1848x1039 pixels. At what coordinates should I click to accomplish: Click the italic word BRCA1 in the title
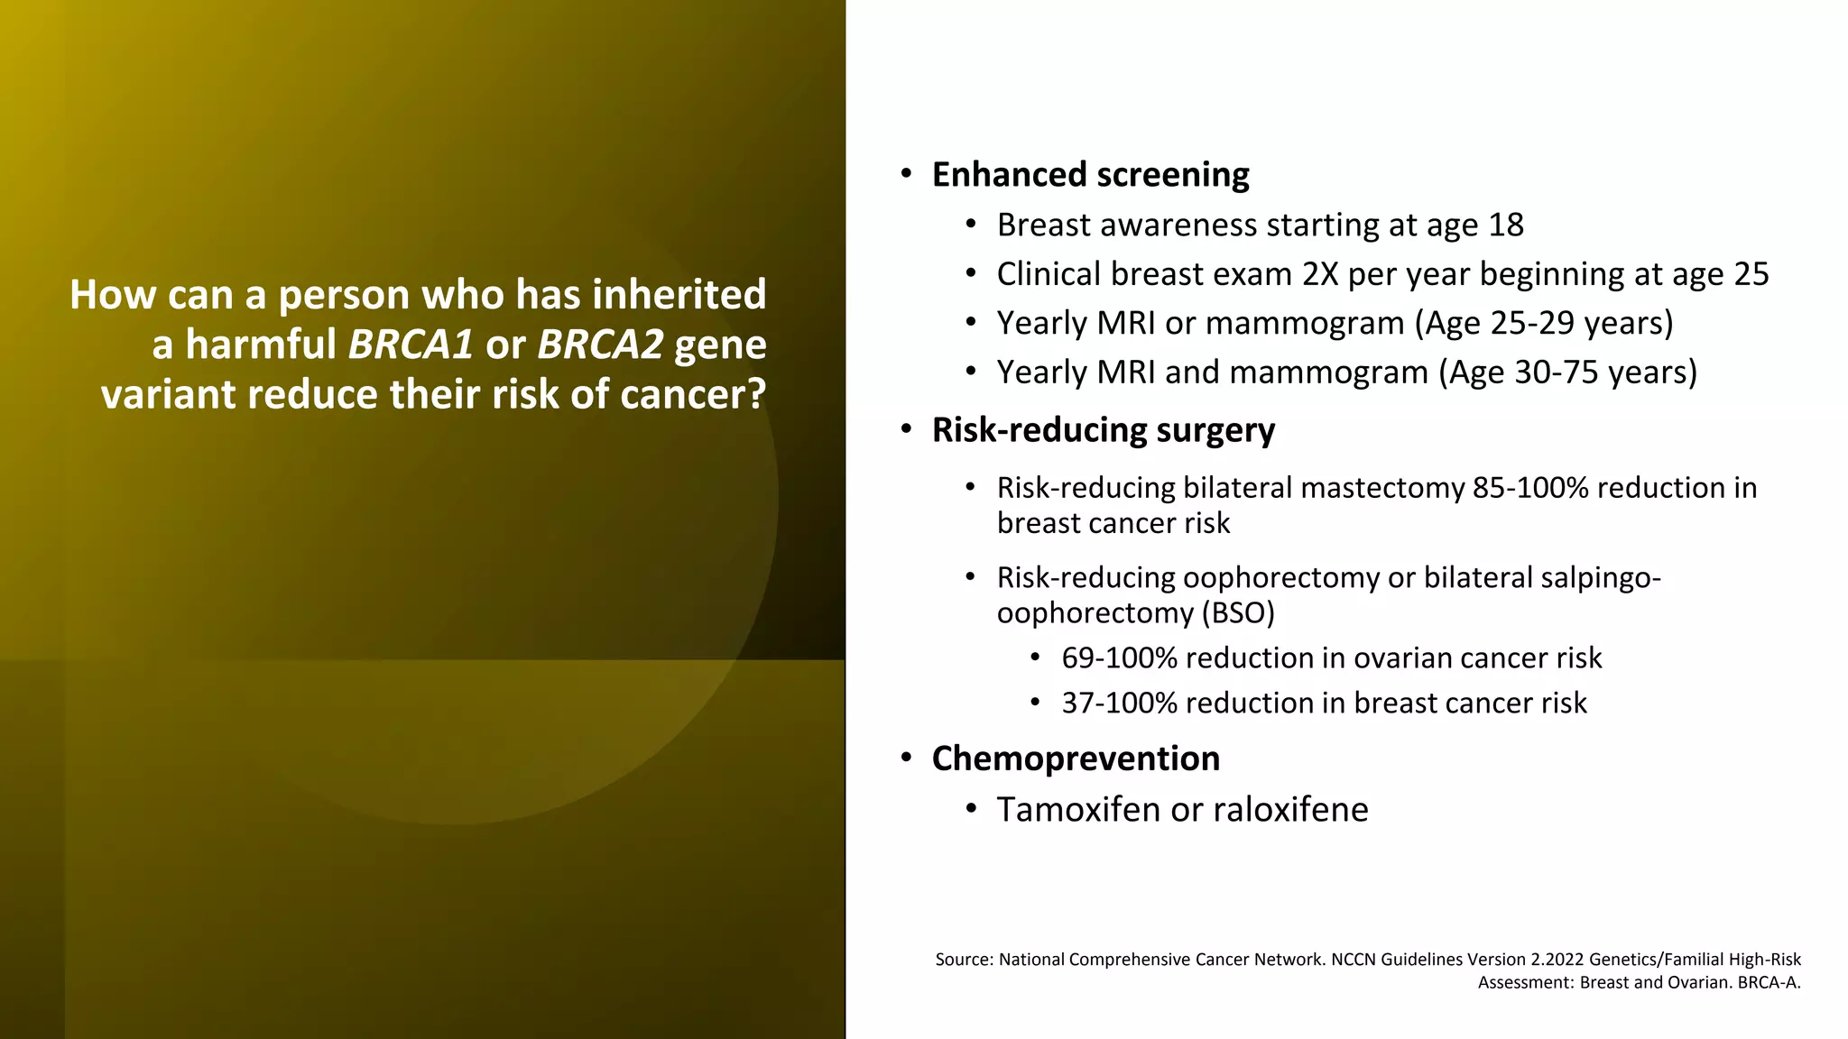(x=411, y=345)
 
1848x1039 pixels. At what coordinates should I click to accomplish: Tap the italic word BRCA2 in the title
(x=600, y=345)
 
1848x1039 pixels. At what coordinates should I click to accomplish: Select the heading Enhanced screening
(x=1090, y=175)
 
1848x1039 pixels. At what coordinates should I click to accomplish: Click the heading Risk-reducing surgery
(x=1103, y=430)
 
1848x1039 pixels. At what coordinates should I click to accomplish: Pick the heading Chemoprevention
(x=1076, y=759)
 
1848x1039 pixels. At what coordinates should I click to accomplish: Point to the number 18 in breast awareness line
(x=1505, y=225)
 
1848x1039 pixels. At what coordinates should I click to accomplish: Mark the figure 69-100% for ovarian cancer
(x=1119, y=658)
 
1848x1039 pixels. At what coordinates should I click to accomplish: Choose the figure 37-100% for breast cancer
(x=1119, y=703)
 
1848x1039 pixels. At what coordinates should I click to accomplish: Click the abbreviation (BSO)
(x=1237, y=613)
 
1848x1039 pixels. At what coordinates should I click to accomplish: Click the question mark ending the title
(x=756, y=395)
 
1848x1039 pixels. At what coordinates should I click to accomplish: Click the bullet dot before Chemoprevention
(x=906, y=758)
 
